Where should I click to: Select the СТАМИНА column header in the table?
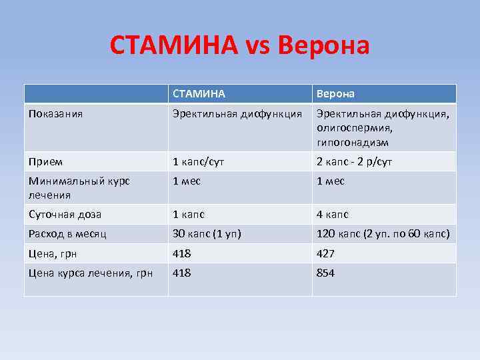pos(199,94)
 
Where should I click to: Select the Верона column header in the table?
pos(335,94)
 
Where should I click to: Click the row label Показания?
pos(55,113)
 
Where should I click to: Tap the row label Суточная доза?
pos(65,215)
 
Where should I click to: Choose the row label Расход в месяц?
pos(67,234)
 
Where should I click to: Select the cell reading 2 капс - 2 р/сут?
pos(354,161)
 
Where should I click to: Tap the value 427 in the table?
pos(326,253)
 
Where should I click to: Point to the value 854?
pos(326,273)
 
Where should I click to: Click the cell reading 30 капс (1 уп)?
pos(207,234)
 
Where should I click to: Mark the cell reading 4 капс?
pos(333,215)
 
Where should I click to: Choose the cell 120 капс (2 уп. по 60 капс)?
pos(383,234)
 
